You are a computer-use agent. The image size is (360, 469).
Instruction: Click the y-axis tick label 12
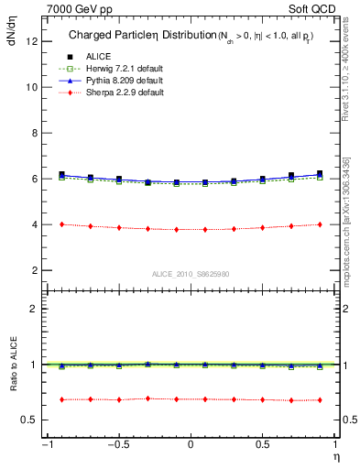pos(32,41)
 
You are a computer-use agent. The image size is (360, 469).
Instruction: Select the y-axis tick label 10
pos(32,87)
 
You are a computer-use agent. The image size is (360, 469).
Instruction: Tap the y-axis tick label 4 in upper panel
pos(35,224)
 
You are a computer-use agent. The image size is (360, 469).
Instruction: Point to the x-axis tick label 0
pos(191,445)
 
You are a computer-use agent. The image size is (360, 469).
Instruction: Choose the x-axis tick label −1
pos(46,445)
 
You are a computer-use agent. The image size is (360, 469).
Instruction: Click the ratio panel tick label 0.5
pos(30,420)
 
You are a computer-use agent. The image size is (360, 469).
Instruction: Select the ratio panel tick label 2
pos(35,309)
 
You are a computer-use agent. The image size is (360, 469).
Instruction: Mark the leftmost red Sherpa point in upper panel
pos(61,224)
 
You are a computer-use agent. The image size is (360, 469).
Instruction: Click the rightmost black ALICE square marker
pos(320,173)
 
